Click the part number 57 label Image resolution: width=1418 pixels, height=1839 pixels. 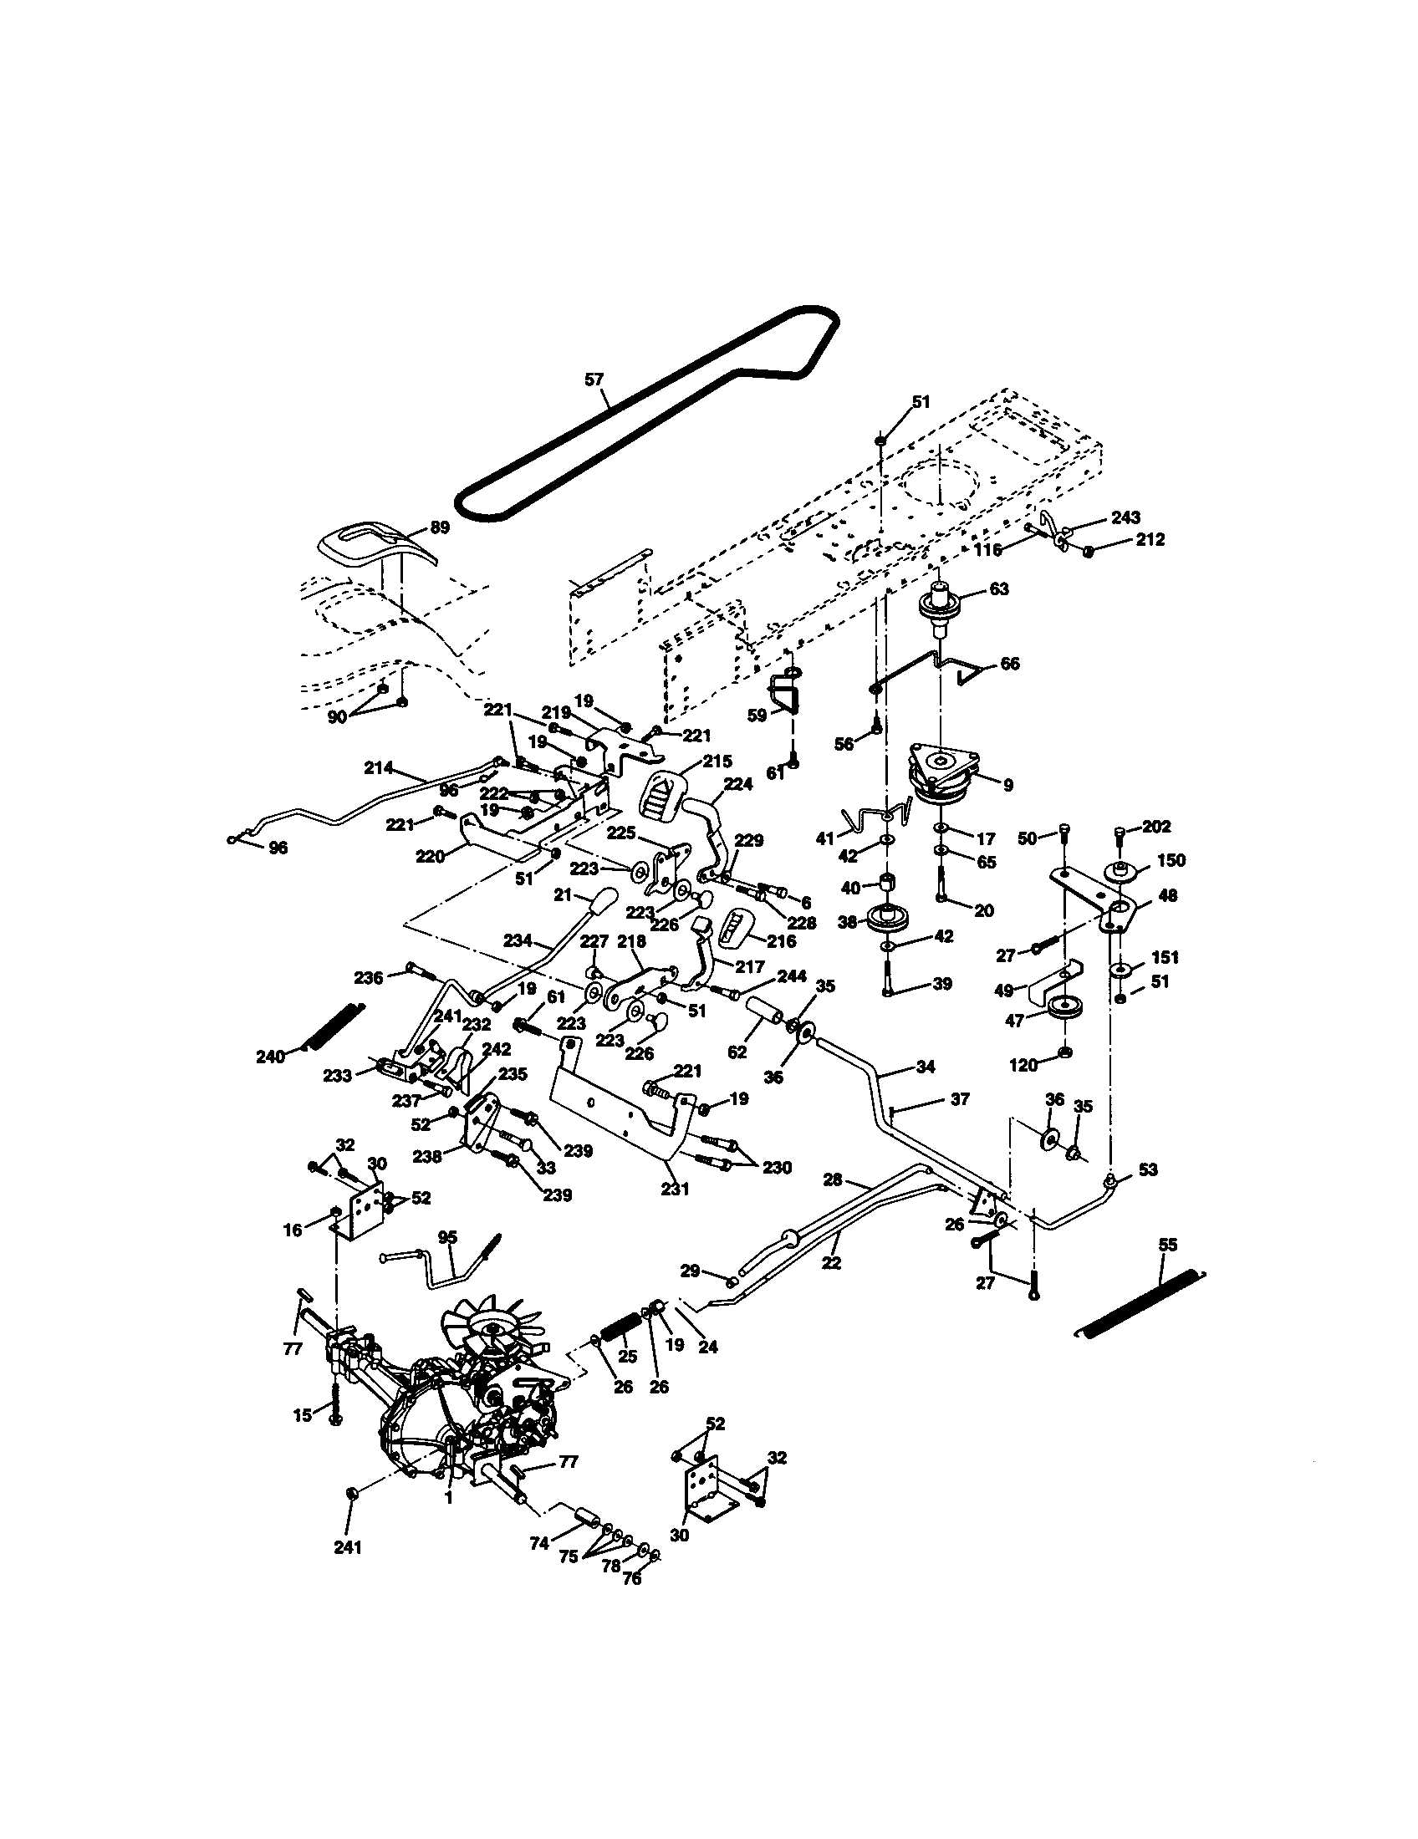click(x=594, y=380)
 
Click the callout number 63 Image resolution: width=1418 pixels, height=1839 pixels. click(x=998, y=588)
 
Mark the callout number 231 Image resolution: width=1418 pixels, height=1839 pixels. click(x=676, y=1189)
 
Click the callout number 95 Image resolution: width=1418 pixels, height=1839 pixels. click(x=448, y=1237)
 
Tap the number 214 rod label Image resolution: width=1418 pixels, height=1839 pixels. click(x=379, y=767)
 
